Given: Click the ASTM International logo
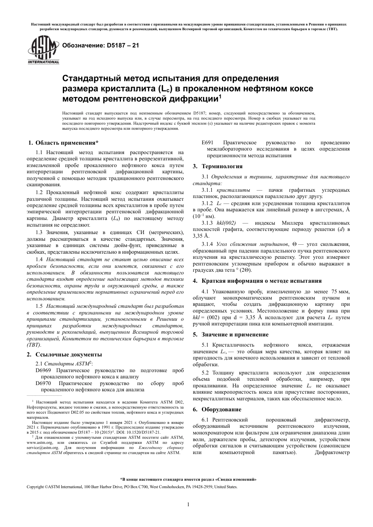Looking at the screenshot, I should (43, 50).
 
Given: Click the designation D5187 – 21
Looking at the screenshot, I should (98, 45).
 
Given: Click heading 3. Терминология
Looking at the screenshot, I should (218, 166).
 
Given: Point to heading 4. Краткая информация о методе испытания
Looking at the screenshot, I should (262, 281).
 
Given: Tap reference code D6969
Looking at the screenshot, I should (43, 370).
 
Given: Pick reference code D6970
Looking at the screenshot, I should (43, 383).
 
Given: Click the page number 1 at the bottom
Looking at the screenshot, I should (188, 505).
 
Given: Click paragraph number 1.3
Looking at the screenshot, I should (39, 233).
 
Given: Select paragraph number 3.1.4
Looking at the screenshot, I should (207, 244).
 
